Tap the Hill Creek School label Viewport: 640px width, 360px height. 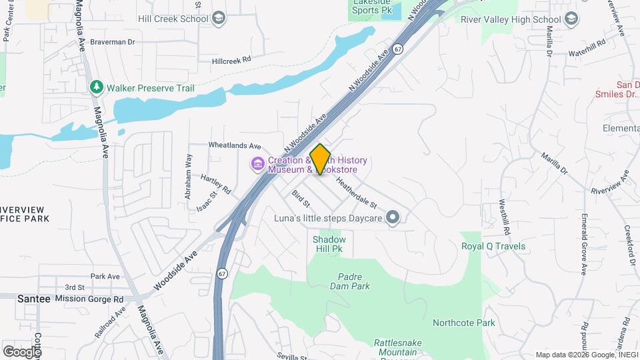point(173,19)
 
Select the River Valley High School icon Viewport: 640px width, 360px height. point(571,19)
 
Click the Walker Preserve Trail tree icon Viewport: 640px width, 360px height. point(97,87)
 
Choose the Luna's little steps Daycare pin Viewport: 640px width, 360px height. point(393,217)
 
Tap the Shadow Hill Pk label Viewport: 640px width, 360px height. point(329,244)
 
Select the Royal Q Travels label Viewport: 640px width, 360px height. point(493,246)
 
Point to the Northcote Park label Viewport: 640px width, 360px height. point(464,323)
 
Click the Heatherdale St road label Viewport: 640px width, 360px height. point(357,191)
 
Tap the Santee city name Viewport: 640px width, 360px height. point(33,299)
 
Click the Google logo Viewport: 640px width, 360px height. point(22,351)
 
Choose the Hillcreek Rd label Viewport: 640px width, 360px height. point(231,59)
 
